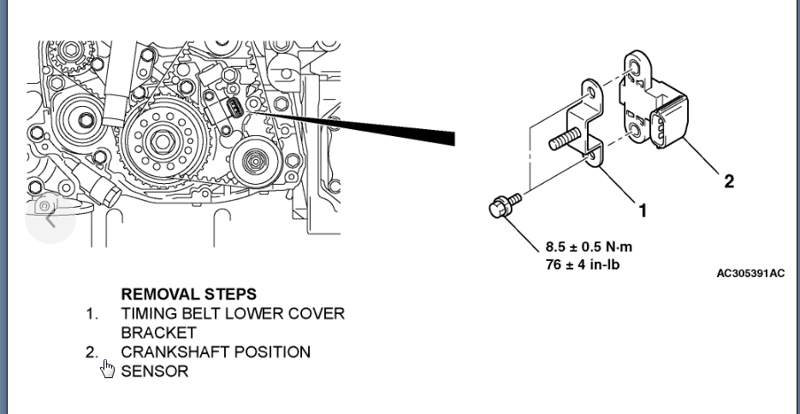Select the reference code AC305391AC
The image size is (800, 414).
750,273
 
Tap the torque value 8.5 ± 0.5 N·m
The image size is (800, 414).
590,247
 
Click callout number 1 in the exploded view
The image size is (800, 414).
643,210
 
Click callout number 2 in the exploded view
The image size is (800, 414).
728,180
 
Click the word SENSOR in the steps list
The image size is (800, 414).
154,371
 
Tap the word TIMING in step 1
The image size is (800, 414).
147,313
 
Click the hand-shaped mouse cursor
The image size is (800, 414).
107,369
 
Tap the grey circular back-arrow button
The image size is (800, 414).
50,217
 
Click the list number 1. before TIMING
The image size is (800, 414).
92,314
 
